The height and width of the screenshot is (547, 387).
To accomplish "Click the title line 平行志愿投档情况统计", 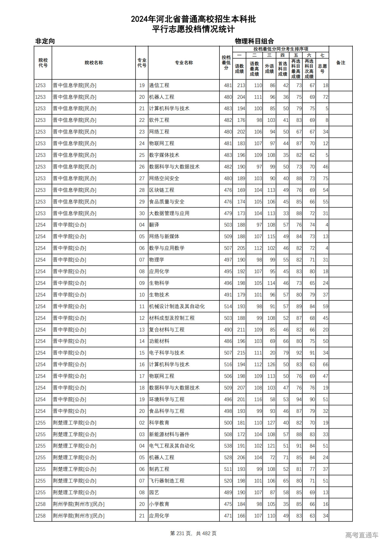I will [193, 29].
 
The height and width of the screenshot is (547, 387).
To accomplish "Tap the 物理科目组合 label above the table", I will [254, 41].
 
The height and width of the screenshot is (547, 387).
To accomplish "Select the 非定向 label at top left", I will [45, 41].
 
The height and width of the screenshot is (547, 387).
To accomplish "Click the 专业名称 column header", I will [184, 63].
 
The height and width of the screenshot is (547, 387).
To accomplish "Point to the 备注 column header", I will [340, 63].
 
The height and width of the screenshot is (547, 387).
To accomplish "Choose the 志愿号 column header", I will [322, 68].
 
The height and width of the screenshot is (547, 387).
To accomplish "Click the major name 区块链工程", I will [161, 190].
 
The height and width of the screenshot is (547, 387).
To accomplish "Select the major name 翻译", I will [154, 225].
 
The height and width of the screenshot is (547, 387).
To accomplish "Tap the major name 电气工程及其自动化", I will [172, 446].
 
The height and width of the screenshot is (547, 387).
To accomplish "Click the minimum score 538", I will [228, 446].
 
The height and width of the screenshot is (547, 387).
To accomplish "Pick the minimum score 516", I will [228, 364].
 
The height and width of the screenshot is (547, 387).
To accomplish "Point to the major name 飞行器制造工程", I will [167, 481].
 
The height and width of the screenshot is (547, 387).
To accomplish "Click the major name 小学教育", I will [159, 504].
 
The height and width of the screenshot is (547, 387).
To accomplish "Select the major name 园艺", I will [154, 492].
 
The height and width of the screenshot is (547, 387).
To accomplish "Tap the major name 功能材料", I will [159, 341].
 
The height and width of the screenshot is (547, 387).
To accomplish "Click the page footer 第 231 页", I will [181, 533].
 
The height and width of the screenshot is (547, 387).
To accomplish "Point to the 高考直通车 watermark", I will [362, 535].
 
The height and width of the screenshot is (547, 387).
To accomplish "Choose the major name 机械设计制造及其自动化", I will [177, 306].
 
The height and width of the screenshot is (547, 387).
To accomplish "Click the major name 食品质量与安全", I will [167, 202].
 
